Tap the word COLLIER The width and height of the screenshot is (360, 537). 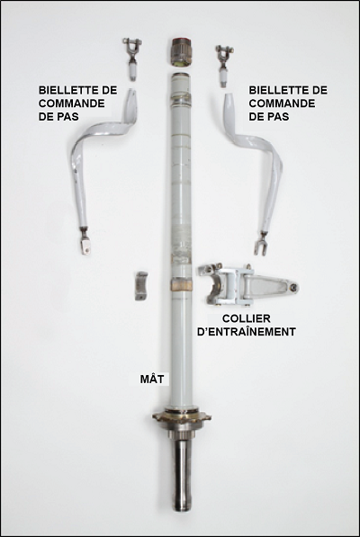tap(247, 318)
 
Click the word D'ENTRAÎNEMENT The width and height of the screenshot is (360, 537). tap(247, 332)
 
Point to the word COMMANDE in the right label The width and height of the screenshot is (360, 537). tap(282, 103)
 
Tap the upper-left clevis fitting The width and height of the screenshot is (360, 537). tap(132, 58)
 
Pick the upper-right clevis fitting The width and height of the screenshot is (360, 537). tap(225, 65)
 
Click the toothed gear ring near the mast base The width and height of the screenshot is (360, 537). tap(182, 417)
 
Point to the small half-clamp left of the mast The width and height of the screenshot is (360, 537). tap(141, 286)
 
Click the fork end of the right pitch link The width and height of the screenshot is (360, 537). tap(261, 244)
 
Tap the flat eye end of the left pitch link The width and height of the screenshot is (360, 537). tap(85, 243)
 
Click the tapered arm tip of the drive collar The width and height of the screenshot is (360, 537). tap(292, 288)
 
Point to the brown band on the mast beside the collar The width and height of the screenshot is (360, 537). tap(182, 284)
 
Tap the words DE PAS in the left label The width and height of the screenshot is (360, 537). tap(58, 116)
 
